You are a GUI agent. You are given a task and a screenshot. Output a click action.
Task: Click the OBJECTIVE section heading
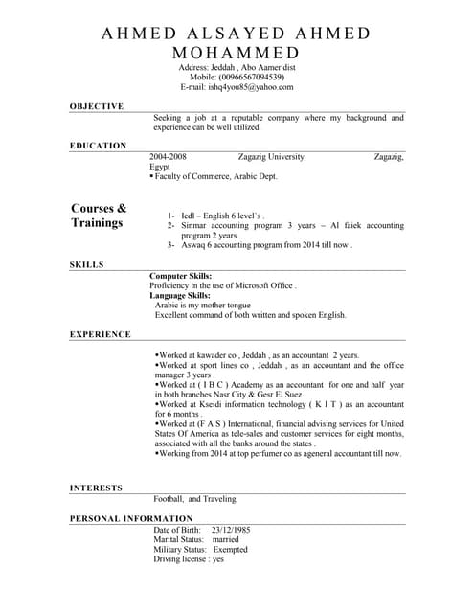click(97, 106)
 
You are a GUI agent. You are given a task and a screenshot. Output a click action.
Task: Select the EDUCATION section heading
click(98, 146)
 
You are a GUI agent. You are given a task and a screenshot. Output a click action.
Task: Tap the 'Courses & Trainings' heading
click(99, 216)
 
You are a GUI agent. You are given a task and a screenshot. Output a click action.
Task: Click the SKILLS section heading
click(87, 264)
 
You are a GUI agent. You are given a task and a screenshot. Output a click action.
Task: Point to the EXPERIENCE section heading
click(101, 334)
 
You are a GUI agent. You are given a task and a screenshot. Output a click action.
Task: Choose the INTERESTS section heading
click(96, 488)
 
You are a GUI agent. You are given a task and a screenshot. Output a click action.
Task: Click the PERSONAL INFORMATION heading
click(130, 518)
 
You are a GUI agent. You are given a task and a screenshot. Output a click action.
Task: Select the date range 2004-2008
click(168, 156)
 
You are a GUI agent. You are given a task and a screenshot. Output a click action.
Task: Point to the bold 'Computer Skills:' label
click(181, 276)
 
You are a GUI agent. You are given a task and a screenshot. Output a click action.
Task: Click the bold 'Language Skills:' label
click(180, 295)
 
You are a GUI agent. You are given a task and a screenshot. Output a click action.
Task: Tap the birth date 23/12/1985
click(231, 530)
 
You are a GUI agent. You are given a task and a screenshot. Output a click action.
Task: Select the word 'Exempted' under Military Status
click(230, 550)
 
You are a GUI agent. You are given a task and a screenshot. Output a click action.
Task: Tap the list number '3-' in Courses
click(171, 245)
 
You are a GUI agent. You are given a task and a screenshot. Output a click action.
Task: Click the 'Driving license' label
click(181, 559)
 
